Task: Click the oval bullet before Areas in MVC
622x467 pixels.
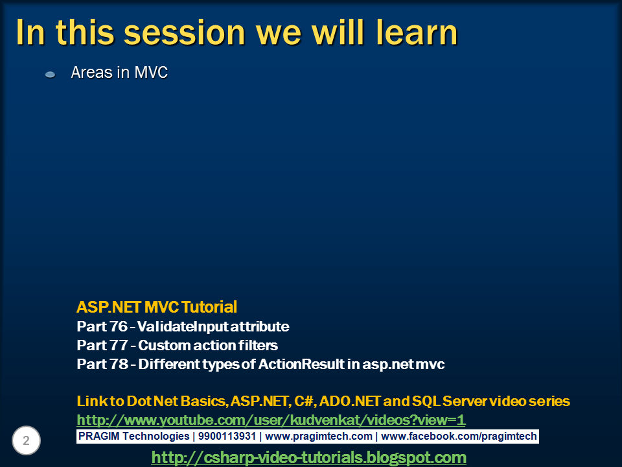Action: tap(51, 75)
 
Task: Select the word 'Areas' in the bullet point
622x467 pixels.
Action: tap(91, 73)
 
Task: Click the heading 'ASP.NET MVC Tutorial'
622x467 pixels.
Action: tap(157, 307)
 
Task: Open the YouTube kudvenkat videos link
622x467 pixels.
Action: tap(271, 420)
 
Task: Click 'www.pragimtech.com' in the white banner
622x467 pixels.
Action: tap(319, 437)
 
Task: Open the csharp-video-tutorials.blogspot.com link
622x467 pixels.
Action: tap(308, 457)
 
